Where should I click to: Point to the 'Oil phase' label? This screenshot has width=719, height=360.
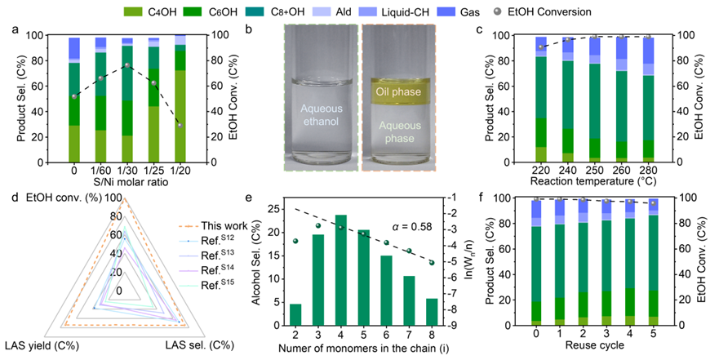coord(403,91)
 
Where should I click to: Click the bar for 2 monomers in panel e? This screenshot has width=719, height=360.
coord(295,314)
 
